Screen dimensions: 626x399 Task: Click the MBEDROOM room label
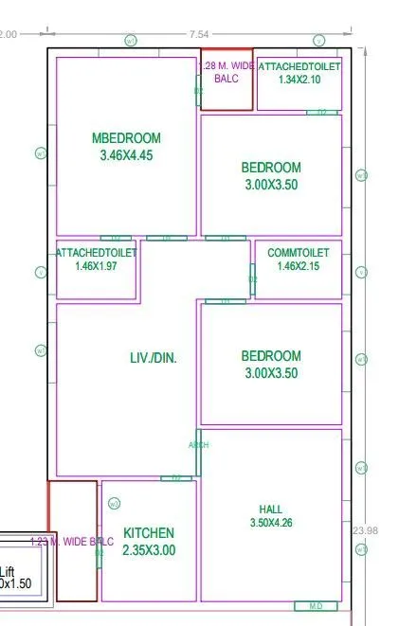(x=126, y=138)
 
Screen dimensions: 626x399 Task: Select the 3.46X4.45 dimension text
(x=126, y=155)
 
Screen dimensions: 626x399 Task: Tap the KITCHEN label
(x=149, y=533)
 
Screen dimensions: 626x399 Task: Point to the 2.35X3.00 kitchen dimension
(x=149, y=550)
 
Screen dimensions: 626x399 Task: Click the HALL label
(x=270, y=509)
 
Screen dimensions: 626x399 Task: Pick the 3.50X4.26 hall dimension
(x=270, y=522)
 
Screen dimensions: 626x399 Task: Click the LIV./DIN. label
(x=154, y=358)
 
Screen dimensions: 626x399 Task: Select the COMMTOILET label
(x=299, y=253)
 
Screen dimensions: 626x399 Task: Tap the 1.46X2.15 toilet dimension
(x=299, y=266)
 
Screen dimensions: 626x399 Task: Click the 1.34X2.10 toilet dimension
(x=299, y=80)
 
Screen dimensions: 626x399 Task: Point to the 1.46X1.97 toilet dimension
(x=96, y=266)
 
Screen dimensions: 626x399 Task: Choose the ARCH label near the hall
(x=198, y=445)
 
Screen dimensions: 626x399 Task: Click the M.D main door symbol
(x=316, y=606)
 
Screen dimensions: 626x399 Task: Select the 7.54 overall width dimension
(x=199, y=34)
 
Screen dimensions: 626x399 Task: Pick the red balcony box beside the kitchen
(x=73, y=540)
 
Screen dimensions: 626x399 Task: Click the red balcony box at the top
(x=227, y=80)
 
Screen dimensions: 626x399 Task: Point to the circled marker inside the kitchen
(x=114, y=503)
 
